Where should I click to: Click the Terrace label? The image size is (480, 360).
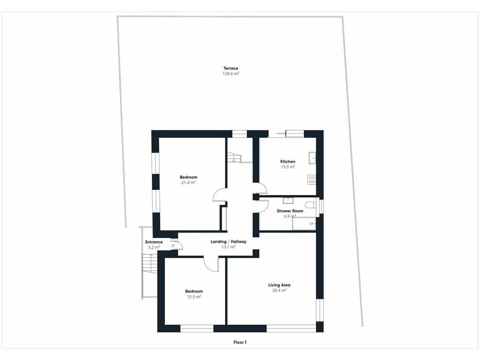click(231, 68)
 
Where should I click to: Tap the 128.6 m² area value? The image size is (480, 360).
click(231, 74)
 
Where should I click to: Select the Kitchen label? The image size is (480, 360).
click(288, 161)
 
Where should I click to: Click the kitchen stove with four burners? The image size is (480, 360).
click(312, 180)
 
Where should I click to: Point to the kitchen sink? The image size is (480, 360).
click(312, 158)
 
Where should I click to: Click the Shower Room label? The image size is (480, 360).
click(290, 211)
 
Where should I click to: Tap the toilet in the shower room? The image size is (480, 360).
click(311, 205)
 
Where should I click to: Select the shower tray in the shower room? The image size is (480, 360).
click(304, 224)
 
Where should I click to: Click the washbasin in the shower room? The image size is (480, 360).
click(288, 201)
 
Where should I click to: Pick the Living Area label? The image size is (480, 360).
click(279, 285)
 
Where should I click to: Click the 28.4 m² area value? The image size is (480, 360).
click(279, 291)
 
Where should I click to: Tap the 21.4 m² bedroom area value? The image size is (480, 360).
click(188, 182)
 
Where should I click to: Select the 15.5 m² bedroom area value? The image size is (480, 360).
click(194, 297)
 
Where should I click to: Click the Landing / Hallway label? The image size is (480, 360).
click(228, 241)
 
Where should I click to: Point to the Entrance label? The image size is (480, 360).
click(154, 242)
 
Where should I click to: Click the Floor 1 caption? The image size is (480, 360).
click(240, 342)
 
